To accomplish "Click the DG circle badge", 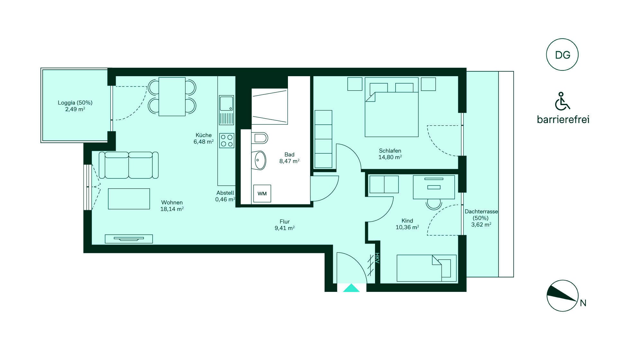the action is click(562, 55).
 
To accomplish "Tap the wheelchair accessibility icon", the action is click(562, 101).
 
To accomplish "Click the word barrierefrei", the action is click(563, 120).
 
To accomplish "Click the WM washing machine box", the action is click(262, 194).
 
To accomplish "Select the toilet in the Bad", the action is click(261, 138).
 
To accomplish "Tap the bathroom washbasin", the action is click(259, 160).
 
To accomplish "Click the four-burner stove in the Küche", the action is click(227, 141).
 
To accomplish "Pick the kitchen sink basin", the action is click(227, 103).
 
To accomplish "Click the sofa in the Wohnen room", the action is click(129, 165).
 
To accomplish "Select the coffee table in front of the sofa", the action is click(129, 199).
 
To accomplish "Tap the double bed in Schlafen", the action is click(392, 107).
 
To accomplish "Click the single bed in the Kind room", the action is click(426, 268).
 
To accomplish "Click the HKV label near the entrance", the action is click(377, 258).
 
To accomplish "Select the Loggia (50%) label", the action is click(75, 103).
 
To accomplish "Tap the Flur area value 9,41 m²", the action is click(285, 228).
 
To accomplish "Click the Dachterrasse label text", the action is click(481, 212).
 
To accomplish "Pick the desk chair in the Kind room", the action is click(434, 204).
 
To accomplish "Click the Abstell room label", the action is click(225, 193).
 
